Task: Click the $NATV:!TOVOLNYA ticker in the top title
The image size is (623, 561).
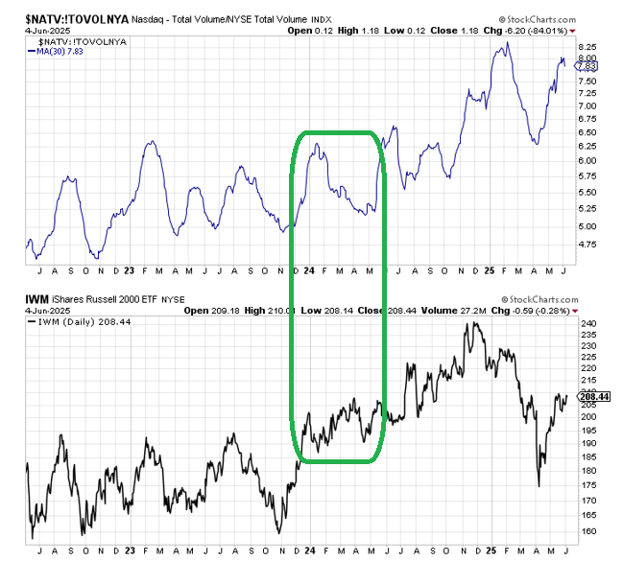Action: click(x=73, y=17)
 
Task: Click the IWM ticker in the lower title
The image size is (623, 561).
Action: click(x=37, y=299)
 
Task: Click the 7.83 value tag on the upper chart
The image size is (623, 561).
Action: click(x=587, y=64)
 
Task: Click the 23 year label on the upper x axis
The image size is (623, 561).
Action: click(x=130, y=270)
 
